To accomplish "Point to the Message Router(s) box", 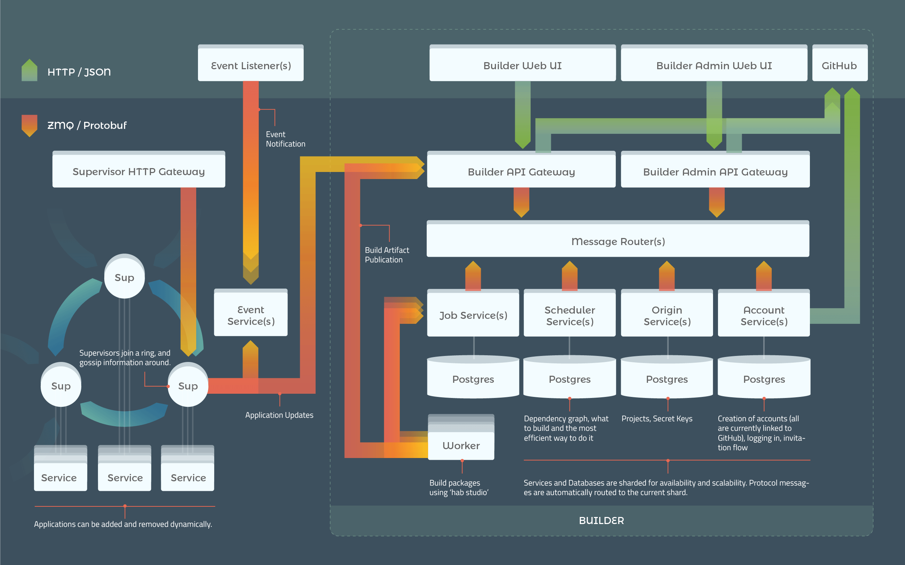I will (618, 240).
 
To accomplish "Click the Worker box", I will (461, 445).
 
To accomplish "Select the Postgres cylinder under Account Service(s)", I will (764, 378).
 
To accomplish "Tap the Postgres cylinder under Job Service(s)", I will (473, 378).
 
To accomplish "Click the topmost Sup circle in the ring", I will (124, 277).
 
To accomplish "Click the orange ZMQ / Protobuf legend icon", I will (30, 125).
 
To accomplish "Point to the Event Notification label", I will (285, 139).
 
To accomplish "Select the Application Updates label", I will (279, 415).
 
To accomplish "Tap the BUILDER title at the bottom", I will (601, 520).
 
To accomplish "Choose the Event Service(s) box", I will (251, 315).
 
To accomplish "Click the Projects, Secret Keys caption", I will (657, 418).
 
